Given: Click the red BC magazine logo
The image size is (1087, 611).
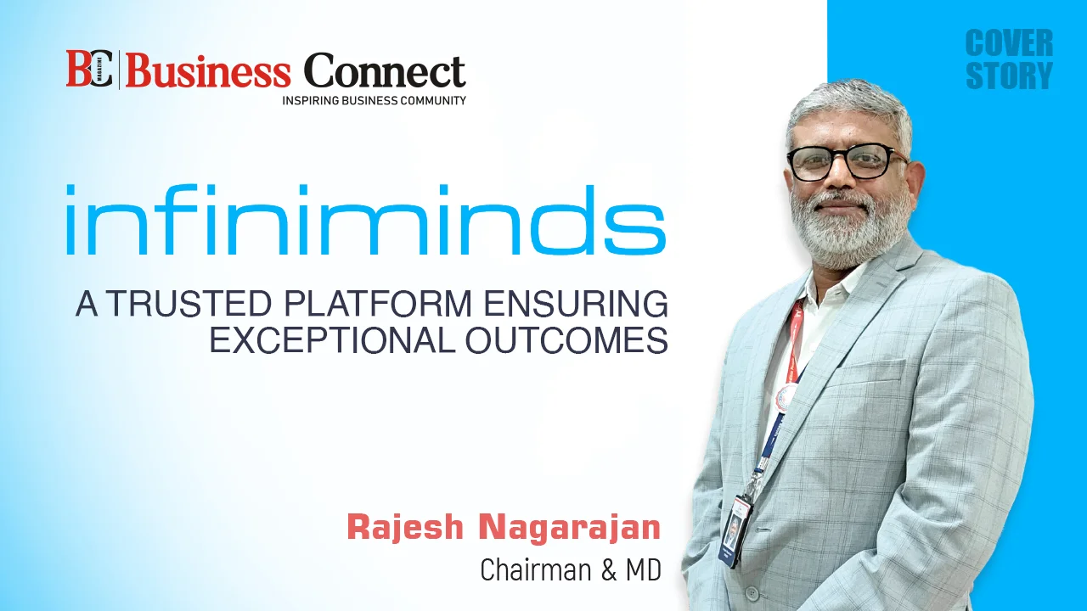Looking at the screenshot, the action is coord(90,70).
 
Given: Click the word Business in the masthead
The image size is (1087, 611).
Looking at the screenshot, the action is coord(208,70).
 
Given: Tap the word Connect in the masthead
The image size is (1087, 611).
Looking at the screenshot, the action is coord(385,70).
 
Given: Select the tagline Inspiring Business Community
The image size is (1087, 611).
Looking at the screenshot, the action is coord(375,100).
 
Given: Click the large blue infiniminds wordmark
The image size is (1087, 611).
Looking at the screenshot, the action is coord(366,219).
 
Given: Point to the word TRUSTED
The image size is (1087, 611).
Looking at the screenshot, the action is coord(189,304).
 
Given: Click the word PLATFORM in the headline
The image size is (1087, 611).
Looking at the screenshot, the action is coord(378,304).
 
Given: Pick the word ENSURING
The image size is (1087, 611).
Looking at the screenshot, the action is coord(576,304).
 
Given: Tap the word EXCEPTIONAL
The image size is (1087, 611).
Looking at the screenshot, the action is coord(331,339).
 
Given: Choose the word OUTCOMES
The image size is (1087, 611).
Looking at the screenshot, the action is coord(566,339).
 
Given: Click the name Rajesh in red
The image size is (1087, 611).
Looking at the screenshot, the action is coord(405,528).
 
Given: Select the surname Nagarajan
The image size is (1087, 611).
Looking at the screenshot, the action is coord(570,529).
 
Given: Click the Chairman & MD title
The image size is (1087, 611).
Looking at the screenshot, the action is coord(571,569).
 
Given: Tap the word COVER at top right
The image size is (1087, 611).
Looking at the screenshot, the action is coord(1010,42).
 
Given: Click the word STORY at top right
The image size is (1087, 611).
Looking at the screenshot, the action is coord(1010,76).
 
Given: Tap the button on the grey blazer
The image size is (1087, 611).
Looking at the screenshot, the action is coord(752,592).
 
